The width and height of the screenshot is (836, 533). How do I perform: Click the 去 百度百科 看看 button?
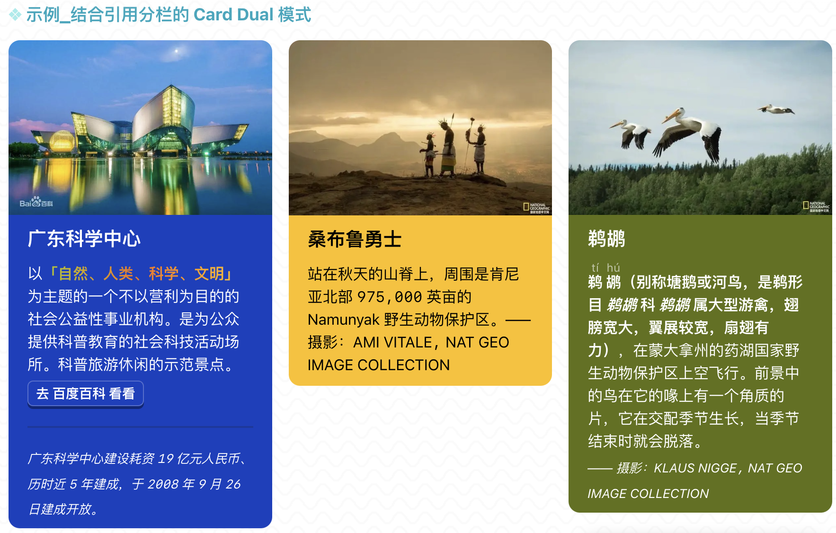tap(86, 394)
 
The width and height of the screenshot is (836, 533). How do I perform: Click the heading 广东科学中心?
tap(84, 239)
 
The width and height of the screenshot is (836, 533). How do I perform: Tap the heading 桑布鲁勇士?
tap(355, 239)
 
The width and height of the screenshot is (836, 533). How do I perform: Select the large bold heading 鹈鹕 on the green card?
tap(606, 239)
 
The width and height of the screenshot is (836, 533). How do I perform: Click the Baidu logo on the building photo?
tap(36, 202)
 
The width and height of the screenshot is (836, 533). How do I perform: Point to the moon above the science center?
tap(177, 51)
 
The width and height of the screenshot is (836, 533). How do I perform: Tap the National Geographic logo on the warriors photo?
tap(536, 208)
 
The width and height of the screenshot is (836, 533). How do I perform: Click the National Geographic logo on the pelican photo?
tap(816, 207)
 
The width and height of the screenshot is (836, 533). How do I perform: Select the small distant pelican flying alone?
tap(776, 110)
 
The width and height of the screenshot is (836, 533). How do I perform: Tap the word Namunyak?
tap(344, 320)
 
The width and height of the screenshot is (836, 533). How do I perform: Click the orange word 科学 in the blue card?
tap(164, 274)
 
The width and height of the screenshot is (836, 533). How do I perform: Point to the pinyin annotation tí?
tap(595, 268)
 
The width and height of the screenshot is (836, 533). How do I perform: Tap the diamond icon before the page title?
tap(16, 15)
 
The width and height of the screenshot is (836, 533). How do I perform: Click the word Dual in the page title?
tap(255, 15)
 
